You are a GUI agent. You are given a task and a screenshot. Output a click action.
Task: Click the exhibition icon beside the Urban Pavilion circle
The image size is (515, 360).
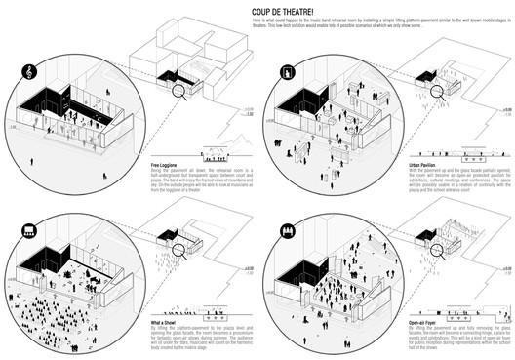point(290,71)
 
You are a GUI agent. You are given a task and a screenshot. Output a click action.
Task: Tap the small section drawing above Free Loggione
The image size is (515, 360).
point(220,152)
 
